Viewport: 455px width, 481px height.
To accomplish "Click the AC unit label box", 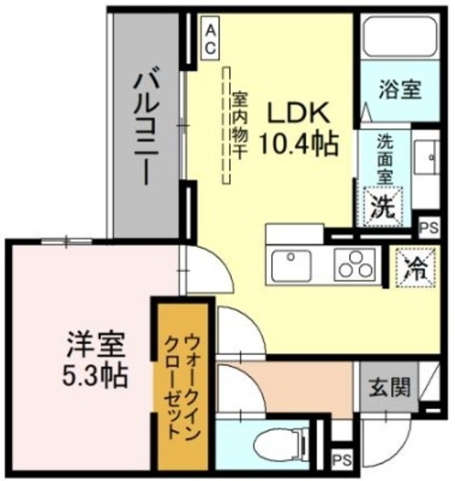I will [211, 38].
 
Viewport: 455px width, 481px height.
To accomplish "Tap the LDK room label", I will [297, 113].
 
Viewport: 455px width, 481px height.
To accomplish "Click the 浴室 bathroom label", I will [397, 90].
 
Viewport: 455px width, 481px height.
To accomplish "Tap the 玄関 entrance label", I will [389, 389].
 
